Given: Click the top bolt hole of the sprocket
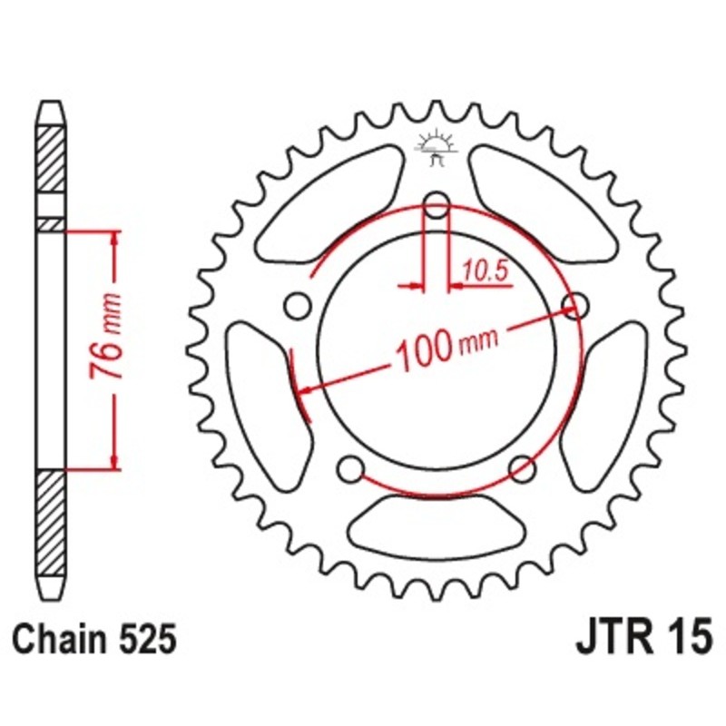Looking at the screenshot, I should coord(437,205).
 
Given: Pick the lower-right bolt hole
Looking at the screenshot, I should coord(521,468).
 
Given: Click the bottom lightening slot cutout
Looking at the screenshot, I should coord(434,531).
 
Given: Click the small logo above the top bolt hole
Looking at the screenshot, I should coord(436,148).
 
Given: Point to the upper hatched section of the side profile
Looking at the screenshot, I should coord(52,159).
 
